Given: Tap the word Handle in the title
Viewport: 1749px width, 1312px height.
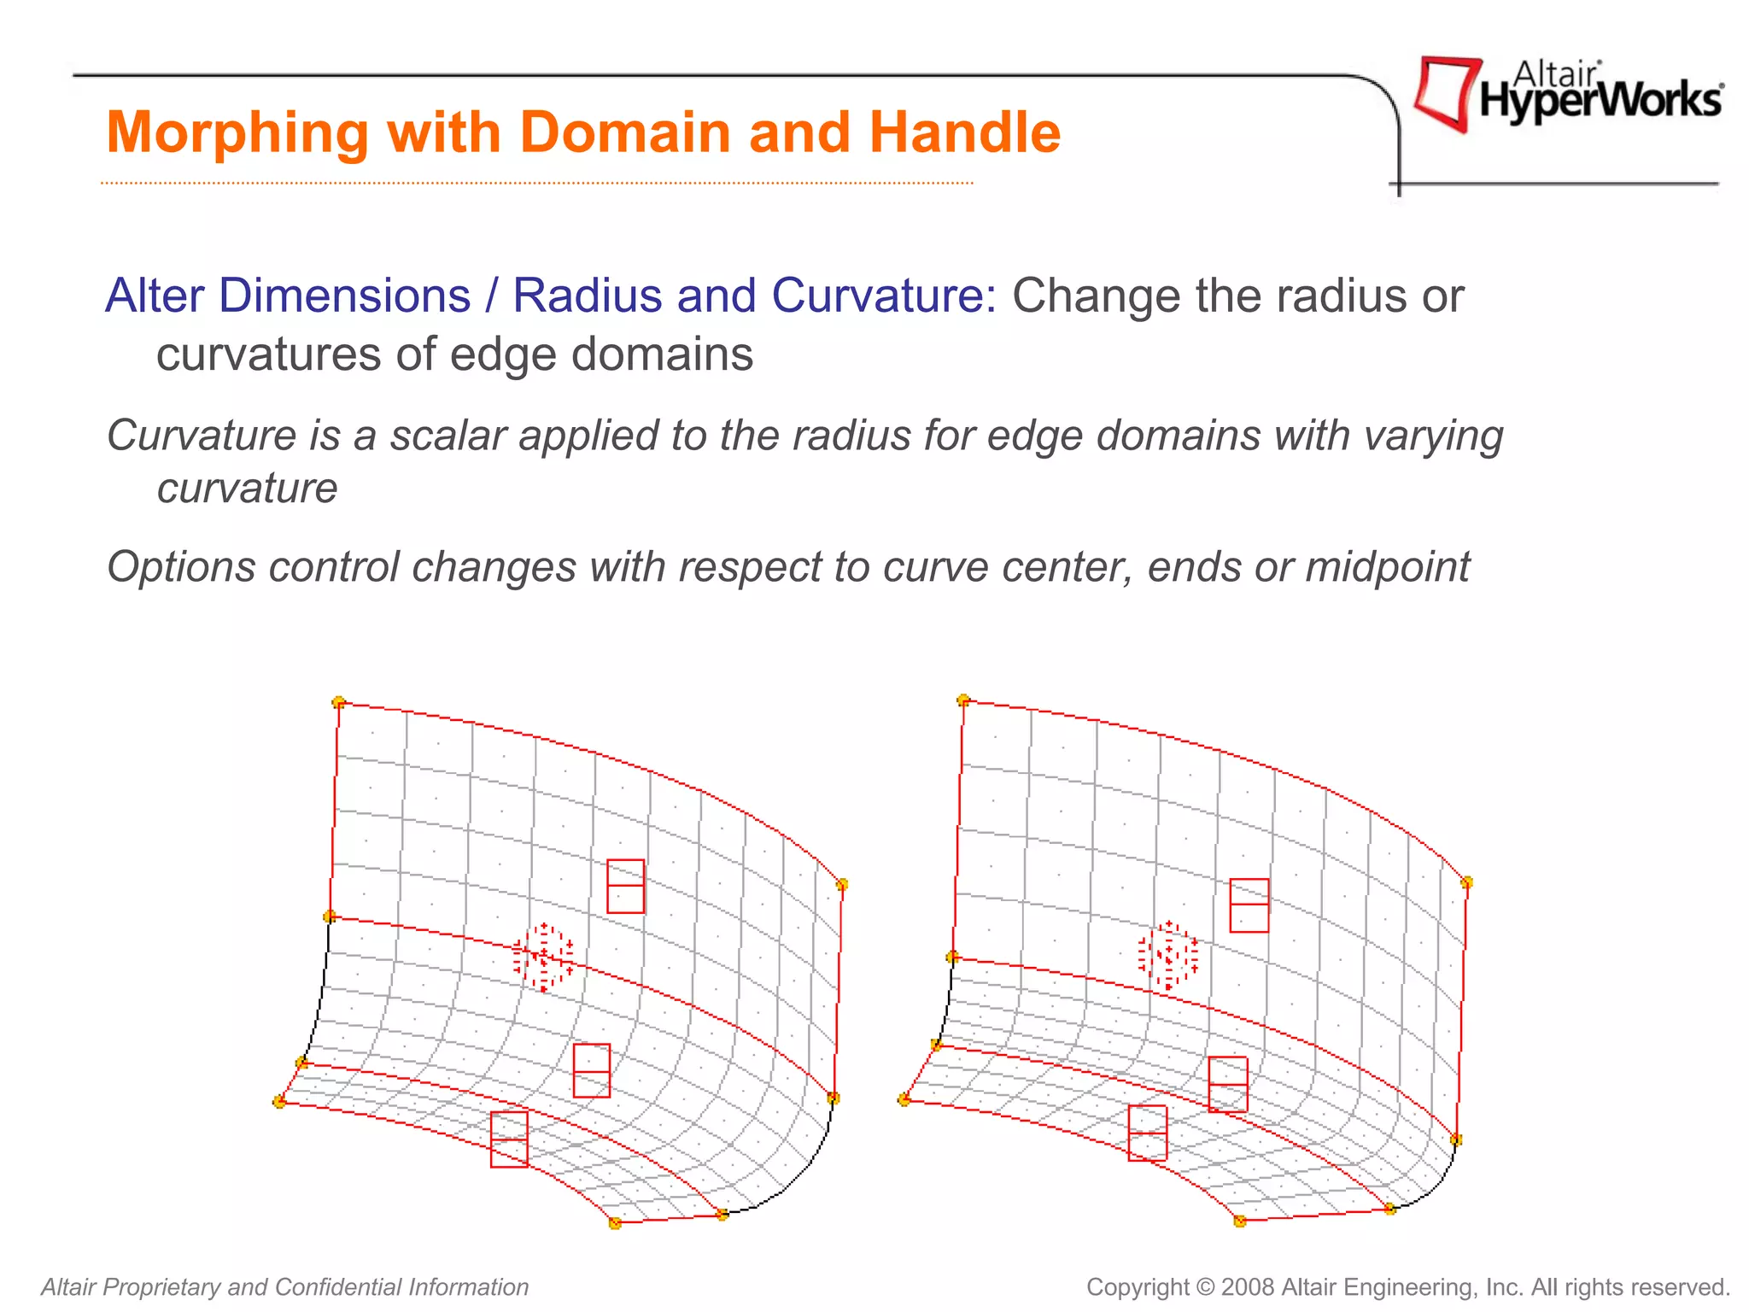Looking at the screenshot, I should point(964,133).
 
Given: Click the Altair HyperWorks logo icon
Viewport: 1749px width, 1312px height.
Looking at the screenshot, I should point(1447,93).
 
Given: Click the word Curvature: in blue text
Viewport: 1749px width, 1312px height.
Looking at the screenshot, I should point(884,296).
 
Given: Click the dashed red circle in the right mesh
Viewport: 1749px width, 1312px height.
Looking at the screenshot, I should point(1168,956).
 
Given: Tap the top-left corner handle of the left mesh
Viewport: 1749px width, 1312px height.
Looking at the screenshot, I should point(339,702).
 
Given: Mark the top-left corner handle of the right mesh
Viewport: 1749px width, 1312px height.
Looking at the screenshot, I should point(964,700).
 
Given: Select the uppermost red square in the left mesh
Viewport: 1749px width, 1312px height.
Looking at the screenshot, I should point(625,886).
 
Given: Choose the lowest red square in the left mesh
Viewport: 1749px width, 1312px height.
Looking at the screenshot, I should point(509,1139).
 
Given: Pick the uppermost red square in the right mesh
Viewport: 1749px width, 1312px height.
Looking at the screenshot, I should point(1249,905).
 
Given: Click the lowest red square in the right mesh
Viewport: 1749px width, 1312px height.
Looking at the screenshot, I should point(1147,1133).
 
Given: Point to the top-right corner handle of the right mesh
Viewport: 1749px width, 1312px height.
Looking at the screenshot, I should point(1466,882).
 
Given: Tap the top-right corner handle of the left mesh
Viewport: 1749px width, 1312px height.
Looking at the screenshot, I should point(841,884).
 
